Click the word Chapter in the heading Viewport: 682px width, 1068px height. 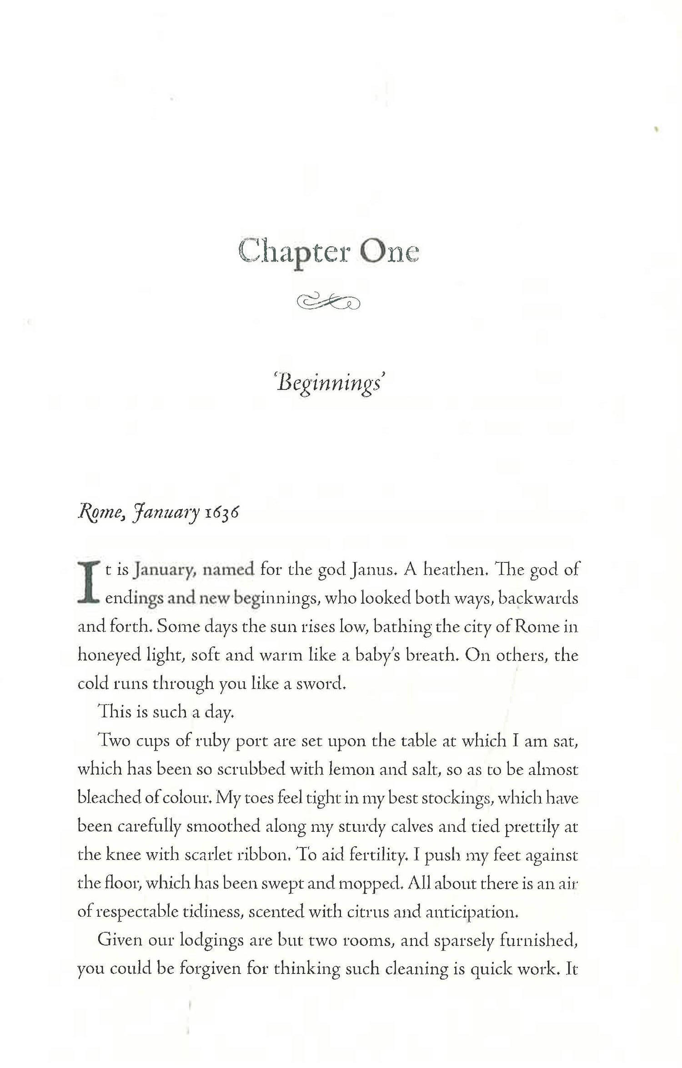click(x=294, y=251)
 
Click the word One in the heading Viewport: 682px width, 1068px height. click(x=389, y=251)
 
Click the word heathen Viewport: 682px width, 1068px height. click(x=455, y=570)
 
